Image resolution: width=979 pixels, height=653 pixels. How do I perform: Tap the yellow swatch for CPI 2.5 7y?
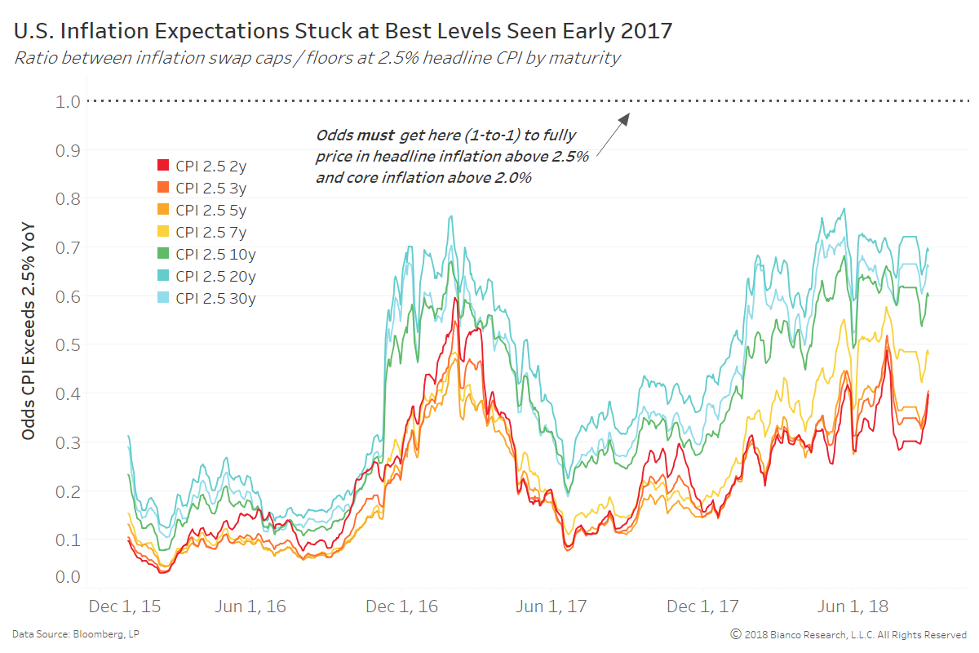(x=163, y=232)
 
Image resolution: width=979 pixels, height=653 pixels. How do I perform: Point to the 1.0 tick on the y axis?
(x=69, y=101)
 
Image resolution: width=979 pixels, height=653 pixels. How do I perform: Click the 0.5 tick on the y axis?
(x=69, y=344)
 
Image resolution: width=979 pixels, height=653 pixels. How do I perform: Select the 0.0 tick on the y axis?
(x=69, y=577)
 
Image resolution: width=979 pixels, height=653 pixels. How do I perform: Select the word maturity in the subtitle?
(x=591, y=57)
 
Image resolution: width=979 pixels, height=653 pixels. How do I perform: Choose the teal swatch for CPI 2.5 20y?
(x=163, y=276)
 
